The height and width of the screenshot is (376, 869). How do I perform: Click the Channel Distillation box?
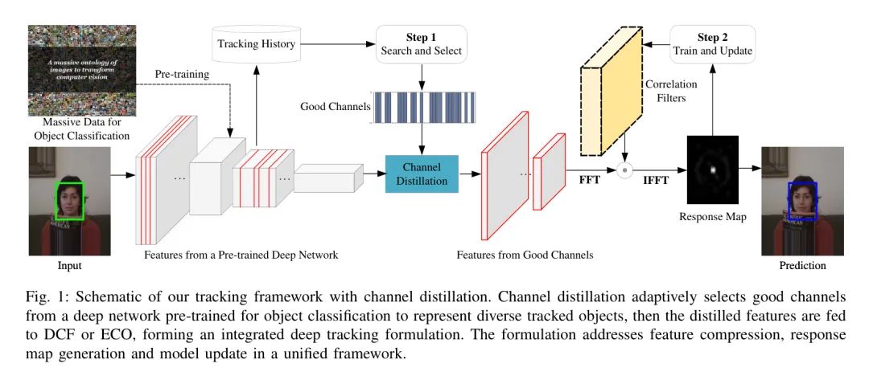[x=422, y=173]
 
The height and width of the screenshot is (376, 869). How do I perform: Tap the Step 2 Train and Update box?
[x=713, y=45]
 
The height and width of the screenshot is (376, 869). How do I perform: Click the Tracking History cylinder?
[x=257, y=43]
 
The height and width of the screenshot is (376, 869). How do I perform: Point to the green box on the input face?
[x=69, y=201]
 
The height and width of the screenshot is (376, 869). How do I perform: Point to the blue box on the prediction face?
[x=802, y=200]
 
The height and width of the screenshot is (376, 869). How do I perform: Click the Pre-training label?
[x=182, y=74]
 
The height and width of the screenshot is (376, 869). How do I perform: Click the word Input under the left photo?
[x=69, y=265]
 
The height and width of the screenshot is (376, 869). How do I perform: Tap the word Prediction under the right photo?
[x=801, y=265]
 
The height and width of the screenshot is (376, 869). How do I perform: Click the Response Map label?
[x=711, y=217]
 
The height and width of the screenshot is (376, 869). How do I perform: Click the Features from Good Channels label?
[x=525, y=255]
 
